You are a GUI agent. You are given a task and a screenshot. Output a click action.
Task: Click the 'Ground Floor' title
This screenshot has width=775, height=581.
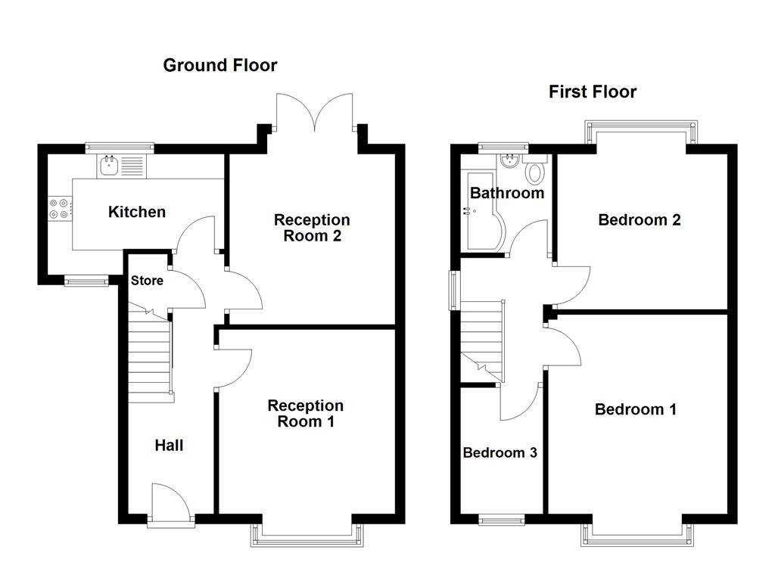click(220, 66)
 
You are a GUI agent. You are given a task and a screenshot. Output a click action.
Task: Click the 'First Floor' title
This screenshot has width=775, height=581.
click(593, 92)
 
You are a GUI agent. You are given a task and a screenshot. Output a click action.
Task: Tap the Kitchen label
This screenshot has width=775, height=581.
click(137, 212)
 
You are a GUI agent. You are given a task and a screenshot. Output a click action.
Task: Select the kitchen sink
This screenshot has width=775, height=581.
click(109, 165)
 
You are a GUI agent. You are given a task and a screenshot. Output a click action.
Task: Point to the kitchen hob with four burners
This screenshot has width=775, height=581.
click(60, 209)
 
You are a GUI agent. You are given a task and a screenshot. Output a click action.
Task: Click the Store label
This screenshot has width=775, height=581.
click(147, 281)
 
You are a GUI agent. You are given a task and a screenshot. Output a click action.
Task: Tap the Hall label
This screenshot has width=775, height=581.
click(169, 446)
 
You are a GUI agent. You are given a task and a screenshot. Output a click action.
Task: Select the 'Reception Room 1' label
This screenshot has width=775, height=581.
click(305, 414)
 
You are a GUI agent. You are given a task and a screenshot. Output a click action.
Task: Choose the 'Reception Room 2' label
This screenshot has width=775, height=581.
click(312, 228)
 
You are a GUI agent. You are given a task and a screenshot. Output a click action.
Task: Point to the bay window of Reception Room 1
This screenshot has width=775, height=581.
click(306, 535)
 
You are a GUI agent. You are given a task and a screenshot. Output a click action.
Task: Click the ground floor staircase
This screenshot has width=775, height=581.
click(148, 356)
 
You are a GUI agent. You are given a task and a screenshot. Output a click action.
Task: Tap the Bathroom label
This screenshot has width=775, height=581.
click(506, 193)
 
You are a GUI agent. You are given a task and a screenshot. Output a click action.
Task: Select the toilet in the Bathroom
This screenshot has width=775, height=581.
click(536, 172)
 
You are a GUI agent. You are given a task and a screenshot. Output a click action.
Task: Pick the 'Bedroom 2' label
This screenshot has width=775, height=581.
click(639, 220)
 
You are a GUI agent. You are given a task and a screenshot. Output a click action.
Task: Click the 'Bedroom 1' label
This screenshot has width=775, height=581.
click(636, 409)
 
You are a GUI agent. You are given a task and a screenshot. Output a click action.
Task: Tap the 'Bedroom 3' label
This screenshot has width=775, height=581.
click(500, 453)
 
